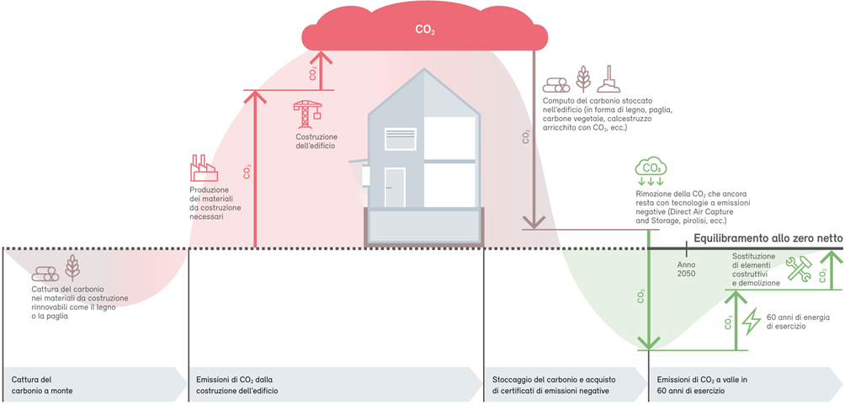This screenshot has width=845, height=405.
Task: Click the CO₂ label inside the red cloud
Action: tap(425, 29)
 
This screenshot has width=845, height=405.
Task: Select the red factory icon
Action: tap(204, 168)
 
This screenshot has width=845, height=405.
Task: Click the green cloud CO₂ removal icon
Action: tap(651, 170)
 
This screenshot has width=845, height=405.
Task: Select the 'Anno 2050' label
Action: tap(686, 269)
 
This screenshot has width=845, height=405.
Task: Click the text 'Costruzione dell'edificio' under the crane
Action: tap(316, 141)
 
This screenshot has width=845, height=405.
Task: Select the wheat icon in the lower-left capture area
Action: tap(72, 267)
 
